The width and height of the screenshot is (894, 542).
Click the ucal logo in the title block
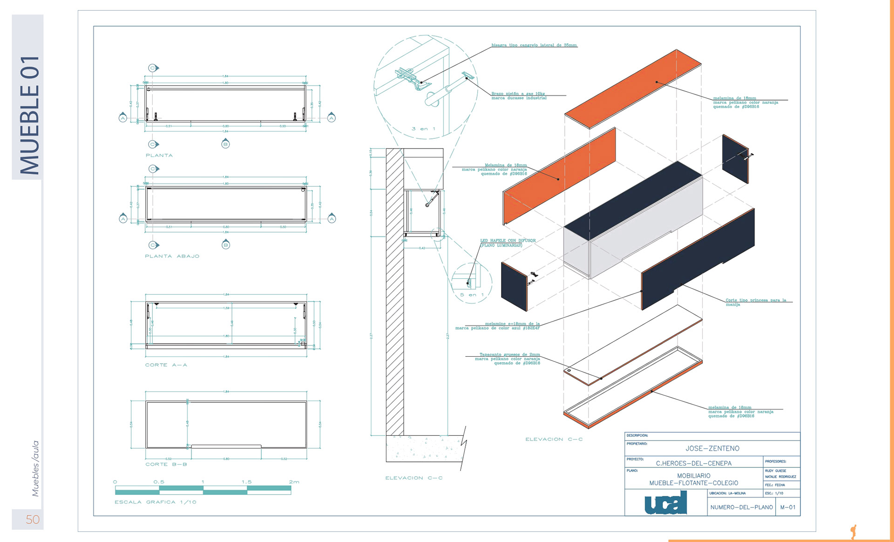[666, 503]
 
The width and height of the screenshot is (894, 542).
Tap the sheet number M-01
[788, 507]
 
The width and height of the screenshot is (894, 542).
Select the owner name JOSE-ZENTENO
[712, 448]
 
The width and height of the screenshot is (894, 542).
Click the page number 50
[33, 519]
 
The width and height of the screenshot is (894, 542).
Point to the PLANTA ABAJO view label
[172, 256]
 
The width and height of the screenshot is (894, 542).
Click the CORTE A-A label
[166, 365]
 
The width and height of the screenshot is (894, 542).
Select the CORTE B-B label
[166, 464]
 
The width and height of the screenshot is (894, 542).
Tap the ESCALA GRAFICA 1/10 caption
[156, 502]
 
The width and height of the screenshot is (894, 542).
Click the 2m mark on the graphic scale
[294, 482]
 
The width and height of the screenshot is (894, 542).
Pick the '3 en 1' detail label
[423, 129]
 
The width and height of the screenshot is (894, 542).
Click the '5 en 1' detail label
[472, 295]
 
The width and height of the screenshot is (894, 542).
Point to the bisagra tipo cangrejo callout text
[534, 45]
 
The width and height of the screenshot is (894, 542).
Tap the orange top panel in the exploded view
[633, 88]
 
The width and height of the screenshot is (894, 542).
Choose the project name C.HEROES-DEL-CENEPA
[693, 463]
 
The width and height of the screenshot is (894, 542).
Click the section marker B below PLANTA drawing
[225, 144]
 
